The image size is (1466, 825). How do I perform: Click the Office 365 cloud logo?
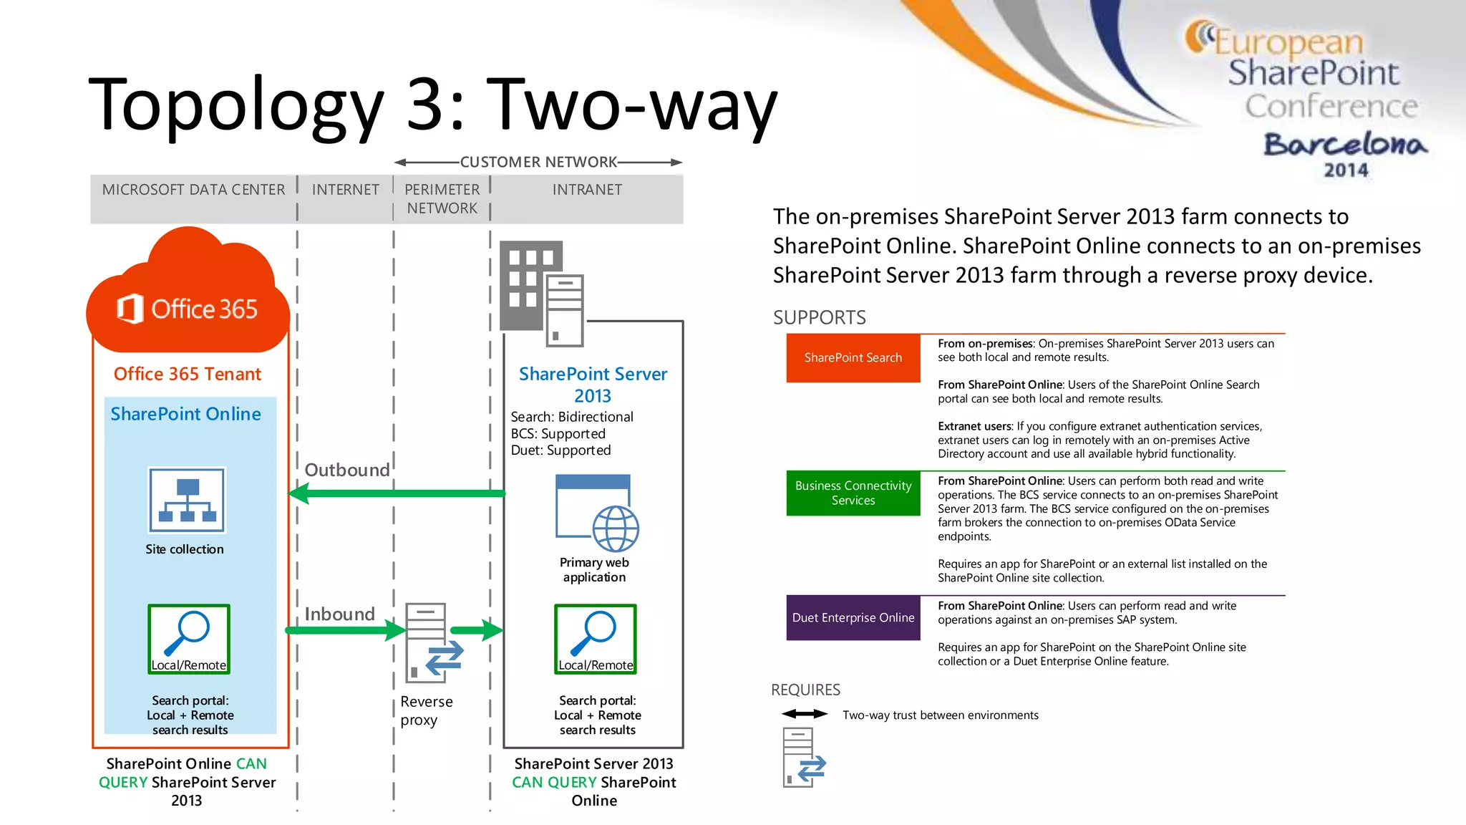point(188,301)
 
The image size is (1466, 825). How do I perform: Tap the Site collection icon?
point(187,500)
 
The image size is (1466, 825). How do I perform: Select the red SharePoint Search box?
point(853,357)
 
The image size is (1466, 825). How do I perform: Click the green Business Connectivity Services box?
point(853,493)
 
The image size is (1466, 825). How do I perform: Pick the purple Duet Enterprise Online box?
point(853,617)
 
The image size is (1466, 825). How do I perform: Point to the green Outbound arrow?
point(397,493)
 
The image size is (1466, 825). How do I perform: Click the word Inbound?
point(339,614)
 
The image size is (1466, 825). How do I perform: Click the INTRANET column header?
point(587,190)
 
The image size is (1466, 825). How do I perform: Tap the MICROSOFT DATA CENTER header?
point(193,190)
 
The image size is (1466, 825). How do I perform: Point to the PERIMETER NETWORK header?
point(442,199)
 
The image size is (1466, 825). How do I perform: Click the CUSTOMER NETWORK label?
point(538,162)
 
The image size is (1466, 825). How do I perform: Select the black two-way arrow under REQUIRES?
point(805,713)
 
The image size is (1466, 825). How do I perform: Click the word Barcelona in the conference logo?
point(1345,145)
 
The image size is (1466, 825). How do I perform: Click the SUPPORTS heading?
point(819,317)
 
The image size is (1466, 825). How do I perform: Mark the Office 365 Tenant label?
point(188,374)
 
